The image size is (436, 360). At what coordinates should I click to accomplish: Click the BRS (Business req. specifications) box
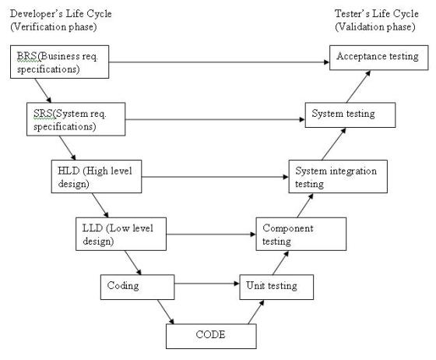59,62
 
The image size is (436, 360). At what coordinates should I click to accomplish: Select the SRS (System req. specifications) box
76,119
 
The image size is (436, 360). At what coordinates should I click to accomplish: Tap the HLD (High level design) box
97,176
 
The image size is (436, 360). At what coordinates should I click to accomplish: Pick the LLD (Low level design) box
121,234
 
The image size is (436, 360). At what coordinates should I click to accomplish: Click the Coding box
137,287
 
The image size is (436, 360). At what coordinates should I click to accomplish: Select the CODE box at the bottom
211,337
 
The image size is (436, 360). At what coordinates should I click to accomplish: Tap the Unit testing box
276,287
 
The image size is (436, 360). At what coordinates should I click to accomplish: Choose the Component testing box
301,234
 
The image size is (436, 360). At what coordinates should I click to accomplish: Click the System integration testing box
338,176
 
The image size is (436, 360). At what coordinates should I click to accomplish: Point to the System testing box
350,115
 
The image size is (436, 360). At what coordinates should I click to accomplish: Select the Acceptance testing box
379,58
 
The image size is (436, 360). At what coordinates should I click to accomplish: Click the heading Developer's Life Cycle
61,13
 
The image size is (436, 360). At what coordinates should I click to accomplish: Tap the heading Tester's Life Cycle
377,13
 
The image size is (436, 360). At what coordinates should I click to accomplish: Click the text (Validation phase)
375,26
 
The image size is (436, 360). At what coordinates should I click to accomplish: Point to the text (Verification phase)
54,26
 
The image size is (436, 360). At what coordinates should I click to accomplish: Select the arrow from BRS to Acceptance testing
219,62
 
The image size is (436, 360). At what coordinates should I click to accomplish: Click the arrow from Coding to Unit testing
207,284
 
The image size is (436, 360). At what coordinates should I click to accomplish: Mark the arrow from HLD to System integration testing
215,177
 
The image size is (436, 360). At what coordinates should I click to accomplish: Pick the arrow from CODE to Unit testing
256,312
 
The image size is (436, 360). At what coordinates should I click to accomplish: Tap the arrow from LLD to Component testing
211,235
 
